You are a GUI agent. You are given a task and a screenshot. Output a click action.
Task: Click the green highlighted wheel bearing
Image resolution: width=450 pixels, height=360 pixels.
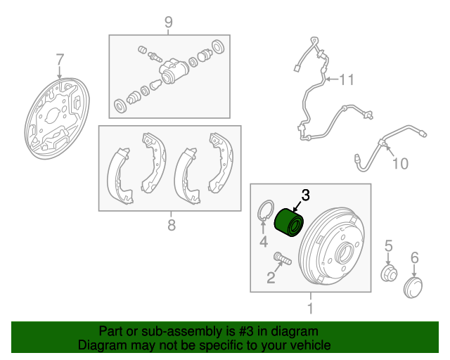tap(289, 223)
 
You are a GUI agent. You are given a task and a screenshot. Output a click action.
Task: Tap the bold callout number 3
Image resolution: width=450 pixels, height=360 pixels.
tap(306, 195)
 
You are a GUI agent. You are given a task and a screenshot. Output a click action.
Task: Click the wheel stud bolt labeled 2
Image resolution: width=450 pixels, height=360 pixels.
tap(283, 257)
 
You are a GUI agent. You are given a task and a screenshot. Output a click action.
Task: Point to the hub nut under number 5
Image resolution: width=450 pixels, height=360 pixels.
tap(389, 274)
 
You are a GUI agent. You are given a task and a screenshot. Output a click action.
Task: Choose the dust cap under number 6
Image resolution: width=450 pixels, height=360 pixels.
tap(413, 288)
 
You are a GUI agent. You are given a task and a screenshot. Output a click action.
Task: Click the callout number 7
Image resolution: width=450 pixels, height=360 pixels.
tap(59, 60)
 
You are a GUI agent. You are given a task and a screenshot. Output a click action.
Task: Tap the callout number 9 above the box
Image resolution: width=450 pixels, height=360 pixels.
tap(169, 22)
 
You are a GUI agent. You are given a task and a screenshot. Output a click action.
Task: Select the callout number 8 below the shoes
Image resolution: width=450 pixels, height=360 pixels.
tap(172, 225)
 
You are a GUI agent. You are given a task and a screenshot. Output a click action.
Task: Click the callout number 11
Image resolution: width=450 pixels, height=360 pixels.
tap(347, 79)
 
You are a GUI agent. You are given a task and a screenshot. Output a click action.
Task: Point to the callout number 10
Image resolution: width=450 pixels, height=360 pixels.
tap(400, 164)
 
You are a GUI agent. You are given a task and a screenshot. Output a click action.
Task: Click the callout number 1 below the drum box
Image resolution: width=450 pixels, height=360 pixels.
tap(310, 308)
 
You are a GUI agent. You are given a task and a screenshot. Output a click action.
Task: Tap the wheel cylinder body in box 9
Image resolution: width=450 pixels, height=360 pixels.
tap(174, 70)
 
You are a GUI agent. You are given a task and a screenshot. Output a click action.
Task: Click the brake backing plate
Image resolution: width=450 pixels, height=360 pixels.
tap(57, 118)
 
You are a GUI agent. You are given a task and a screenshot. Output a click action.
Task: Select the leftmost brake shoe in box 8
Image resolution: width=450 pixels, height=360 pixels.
tap(120, 176)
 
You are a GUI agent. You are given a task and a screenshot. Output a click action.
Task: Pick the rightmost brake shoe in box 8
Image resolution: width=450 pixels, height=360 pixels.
tap(221, 162)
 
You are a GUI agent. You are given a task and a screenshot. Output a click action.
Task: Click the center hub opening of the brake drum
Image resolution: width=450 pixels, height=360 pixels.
tap(345, 252)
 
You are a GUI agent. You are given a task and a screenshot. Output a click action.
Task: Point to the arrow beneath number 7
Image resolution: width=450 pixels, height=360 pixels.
tap(59, 72)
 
